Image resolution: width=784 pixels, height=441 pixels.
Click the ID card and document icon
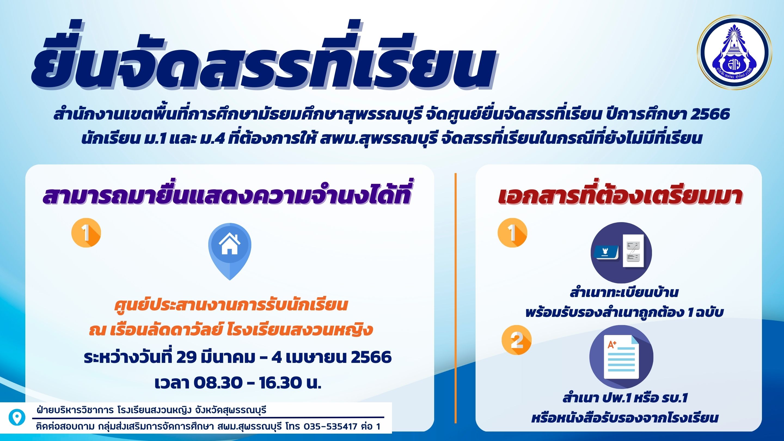point(621,253)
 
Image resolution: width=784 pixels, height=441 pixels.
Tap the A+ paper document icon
point(621,356)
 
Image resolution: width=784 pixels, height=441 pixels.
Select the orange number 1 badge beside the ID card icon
point(512,233)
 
